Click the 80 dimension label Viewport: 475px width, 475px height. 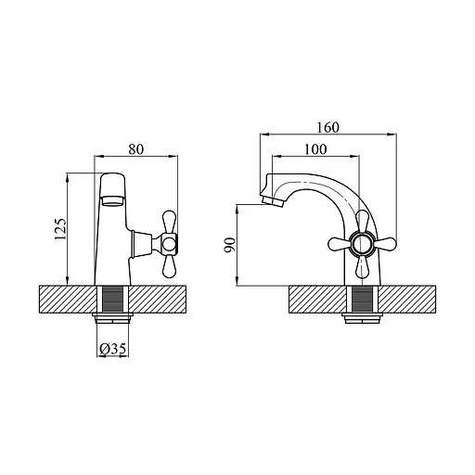pos(136,149)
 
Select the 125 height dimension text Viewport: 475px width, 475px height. pos(60,229)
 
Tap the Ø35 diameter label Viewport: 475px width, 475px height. pos(113,349)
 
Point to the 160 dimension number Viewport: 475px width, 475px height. pos(328,127)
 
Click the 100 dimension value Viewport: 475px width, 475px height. pos(315,149)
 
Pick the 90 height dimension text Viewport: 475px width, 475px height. pos(230,245)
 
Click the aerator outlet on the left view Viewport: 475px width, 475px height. pos(112,201)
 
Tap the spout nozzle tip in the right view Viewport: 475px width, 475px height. pos(273,202)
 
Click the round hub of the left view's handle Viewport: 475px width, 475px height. pos(169,243)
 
